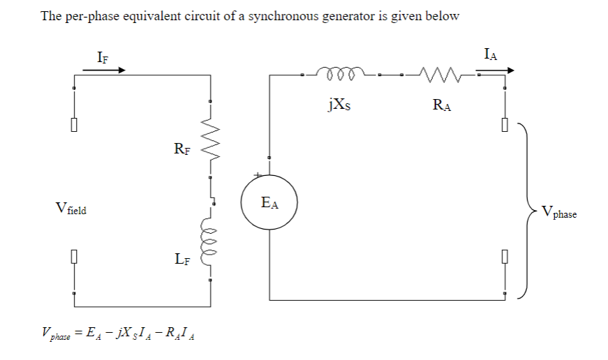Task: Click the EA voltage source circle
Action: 269,203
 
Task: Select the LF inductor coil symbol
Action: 209,244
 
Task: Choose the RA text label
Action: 442,105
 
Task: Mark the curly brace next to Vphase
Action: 525,208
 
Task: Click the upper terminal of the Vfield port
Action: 73,126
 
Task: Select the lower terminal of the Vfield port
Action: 73,257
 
